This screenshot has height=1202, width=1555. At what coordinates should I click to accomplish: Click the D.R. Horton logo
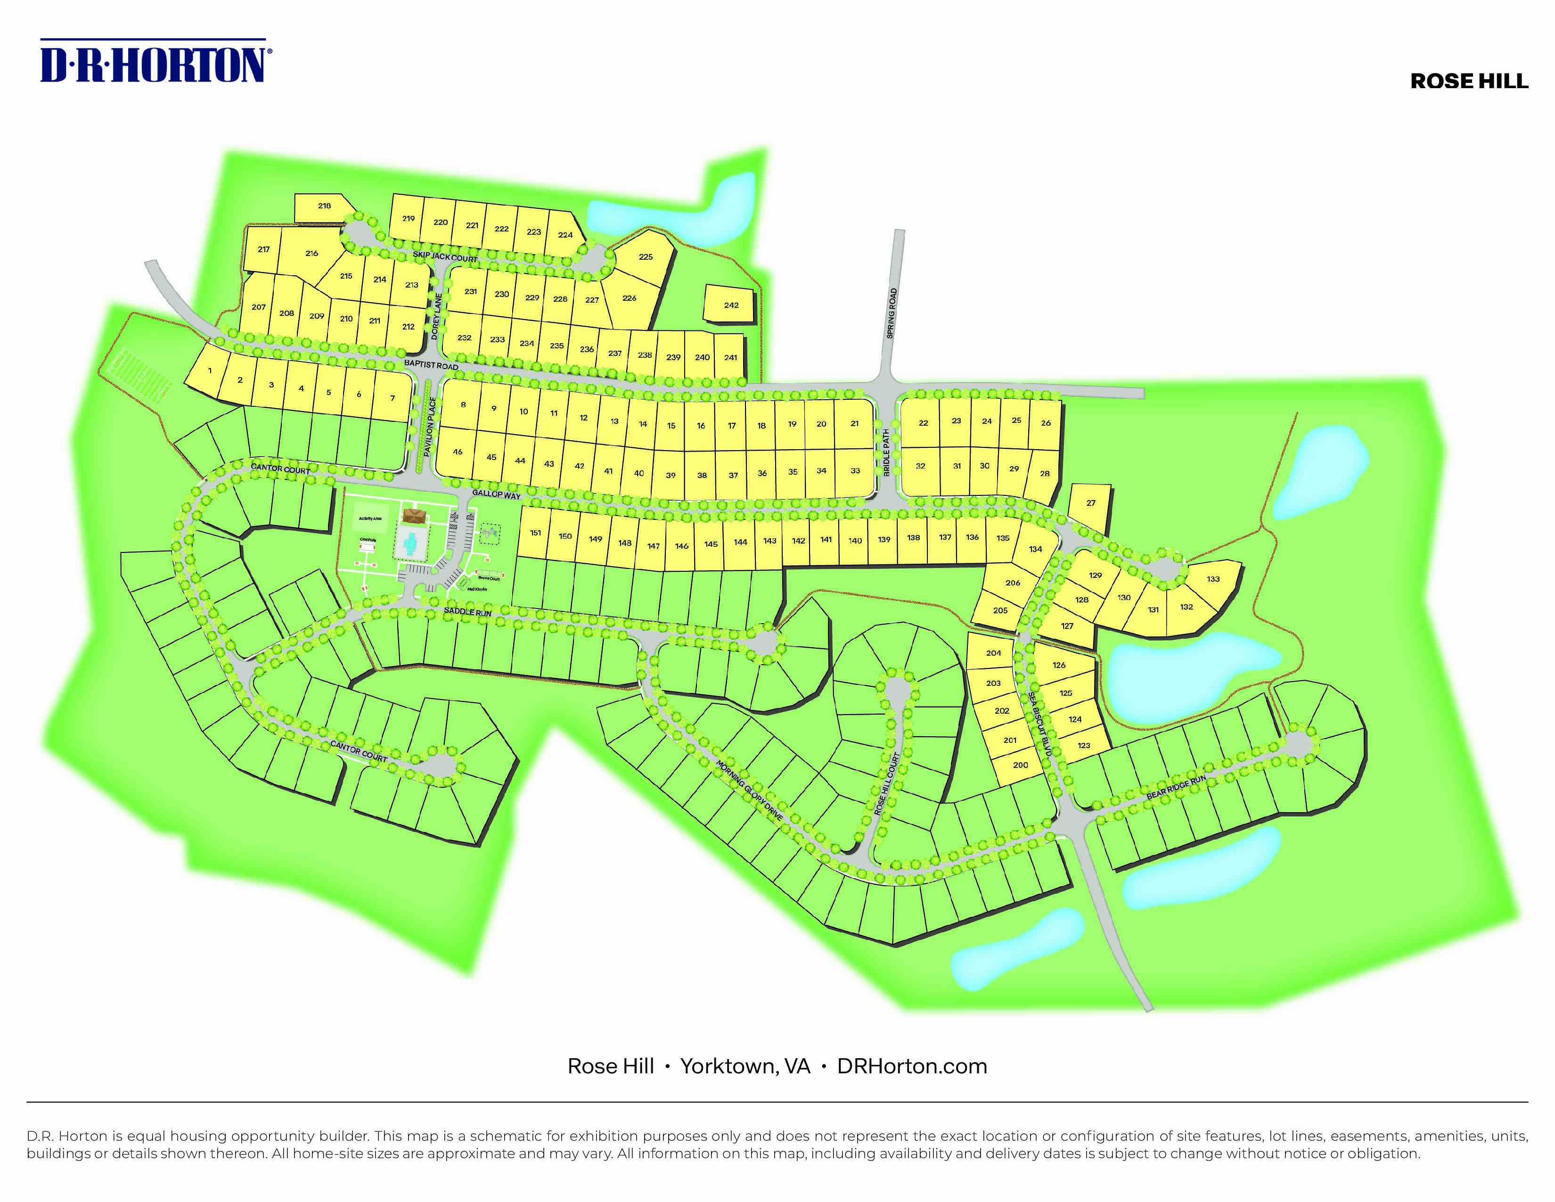pos(155,63)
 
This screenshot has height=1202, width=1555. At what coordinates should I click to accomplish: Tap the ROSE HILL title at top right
pos(1469,81)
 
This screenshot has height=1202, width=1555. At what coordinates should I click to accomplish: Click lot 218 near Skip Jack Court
pos(324,206)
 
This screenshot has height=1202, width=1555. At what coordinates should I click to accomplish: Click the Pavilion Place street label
pos(429,427)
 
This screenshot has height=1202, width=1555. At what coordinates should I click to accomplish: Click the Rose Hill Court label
pos(887,783)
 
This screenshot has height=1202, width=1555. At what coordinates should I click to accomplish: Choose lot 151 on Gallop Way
pos(535,533)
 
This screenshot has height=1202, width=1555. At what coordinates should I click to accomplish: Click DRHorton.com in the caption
pos(912,1066)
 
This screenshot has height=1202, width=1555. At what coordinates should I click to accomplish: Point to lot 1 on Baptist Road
pos(209,371)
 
